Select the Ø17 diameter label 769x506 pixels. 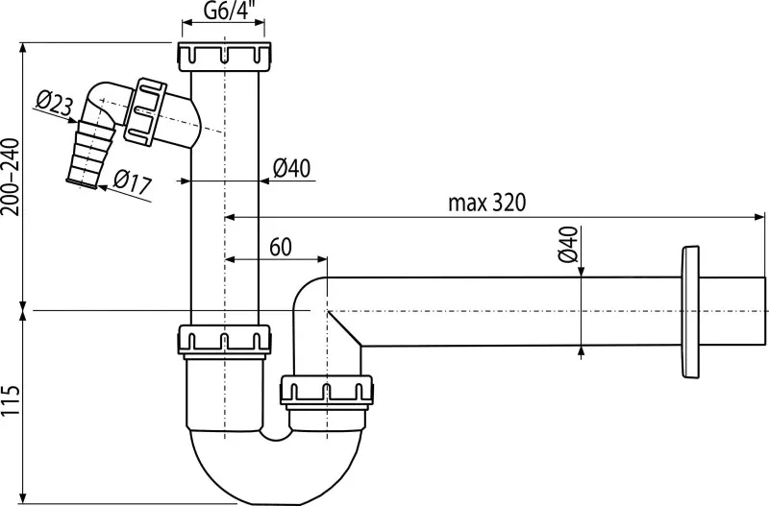[132, 180]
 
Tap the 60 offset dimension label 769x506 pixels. [281, 246]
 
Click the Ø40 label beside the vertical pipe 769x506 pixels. [290, 167]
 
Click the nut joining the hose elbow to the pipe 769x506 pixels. [152, 108]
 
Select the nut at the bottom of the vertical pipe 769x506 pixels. [222, 339]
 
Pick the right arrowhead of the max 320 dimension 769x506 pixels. [757, 217]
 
